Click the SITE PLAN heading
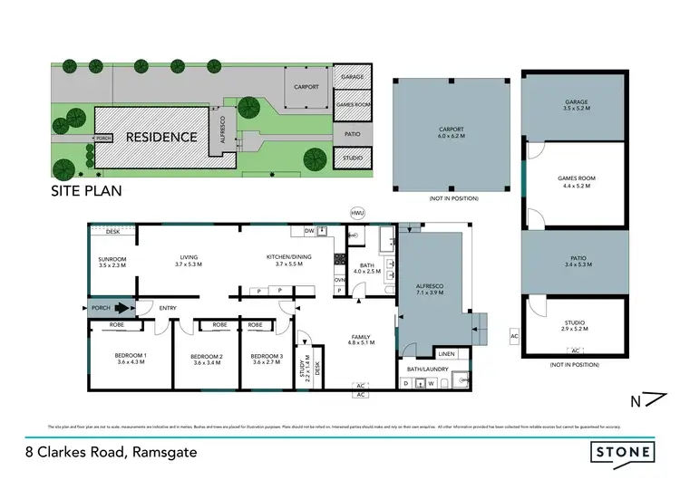coord(86,192)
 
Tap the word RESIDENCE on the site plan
coord(160,138)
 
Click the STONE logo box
coord(621,450)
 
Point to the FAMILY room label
coord(361,339)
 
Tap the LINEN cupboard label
coord(445,353)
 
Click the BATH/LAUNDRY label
coord(430,370)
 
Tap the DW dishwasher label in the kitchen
coord(309,231)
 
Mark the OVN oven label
coord(340,280)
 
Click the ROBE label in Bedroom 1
coord(117,324)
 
